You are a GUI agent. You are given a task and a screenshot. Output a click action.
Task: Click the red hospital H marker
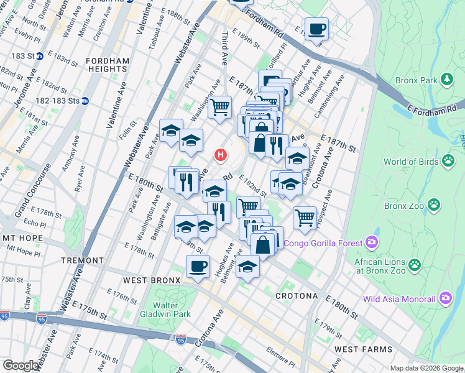tap(219, 154)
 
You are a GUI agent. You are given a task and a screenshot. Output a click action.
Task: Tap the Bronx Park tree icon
tap(446, 80)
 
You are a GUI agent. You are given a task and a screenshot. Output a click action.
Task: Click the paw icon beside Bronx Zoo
tap(434, 205)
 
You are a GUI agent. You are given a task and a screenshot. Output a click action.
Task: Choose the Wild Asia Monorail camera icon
tap(445, 298)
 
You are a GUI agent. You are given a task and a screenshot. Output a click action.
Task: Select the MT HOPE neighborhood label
tap(21, 238)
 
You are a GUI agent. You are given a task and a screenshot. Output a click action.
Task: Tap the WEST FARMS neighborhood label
tap(363, 350)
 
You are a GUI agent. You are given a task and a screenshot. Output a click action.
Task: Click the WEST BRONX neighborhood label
tap(152, 280)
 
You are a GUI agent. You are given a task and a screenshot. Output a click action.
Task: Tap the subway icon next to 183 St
tap(39, 56)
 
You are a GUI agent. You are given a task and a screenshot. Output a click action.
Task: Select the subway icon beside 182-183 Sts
tap(85, 101)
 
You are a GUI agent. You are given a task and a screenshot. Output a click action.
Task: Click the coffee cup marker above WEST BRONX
tap(198, 267)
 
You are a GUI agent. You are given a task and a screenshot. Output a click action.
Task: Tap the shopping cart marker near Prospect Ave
tap(305, 218)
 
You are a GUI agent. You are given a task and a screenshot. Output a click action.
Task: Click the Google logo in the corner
tap(21, 366)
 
